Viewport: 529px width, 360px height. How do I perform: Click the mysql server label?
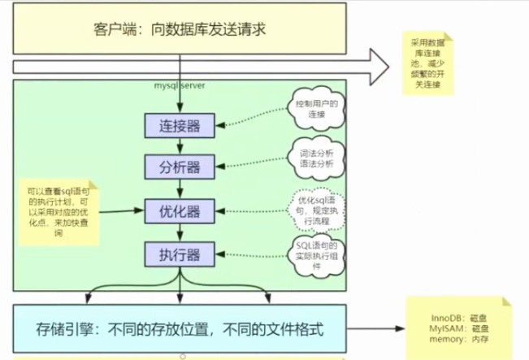(x=181, y=85)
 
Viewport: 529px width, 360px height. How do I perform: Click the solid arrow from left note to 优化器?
(x=123, y=212)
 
